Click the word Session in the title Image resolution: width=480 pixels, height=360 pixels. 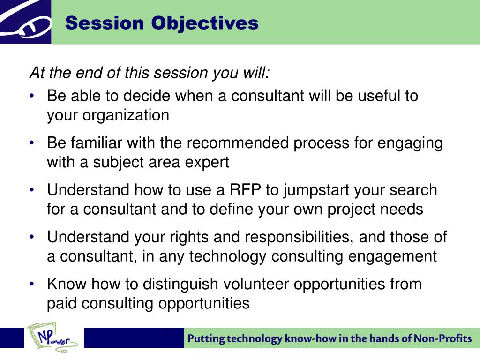(105, 23)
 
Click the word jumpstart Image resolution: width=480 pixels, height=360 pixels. (316, 191)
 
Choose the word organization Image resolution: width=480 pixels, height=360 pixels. (126, 116)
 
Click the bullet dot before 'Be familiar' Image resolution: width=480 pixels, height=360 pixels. (32, 142)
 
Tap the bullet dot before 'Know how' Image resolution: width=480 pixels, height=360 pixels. (32, 284)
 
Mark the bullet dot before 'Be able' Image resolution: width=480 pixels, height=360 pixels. (32, 96)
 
